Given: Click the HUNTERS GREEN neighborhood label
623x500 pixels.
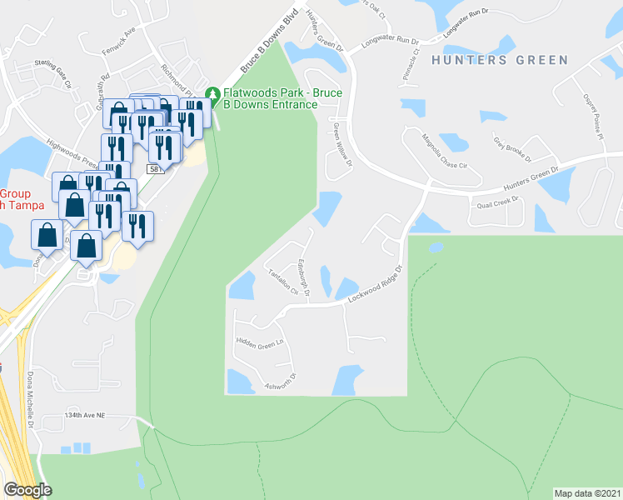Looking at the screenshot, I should click(x=500, y=60).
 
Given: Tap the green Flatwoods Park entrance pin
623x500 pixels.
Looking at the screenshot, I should click(x=212, y=93).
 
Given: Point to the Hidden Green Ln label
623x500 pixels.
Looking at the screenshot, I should click(x=260, y=342).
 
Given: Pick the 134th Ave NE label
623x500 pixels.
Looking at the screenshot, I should click(x=87, y=414).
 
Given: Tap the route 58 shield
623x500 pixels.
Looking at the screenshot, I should click(x=154, y=168).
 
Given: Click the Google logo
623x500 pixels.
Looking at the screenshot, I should click(x=27, y=489).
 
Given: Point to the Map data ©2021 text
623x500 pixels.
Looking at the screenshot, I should click(x=587, y=492).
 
